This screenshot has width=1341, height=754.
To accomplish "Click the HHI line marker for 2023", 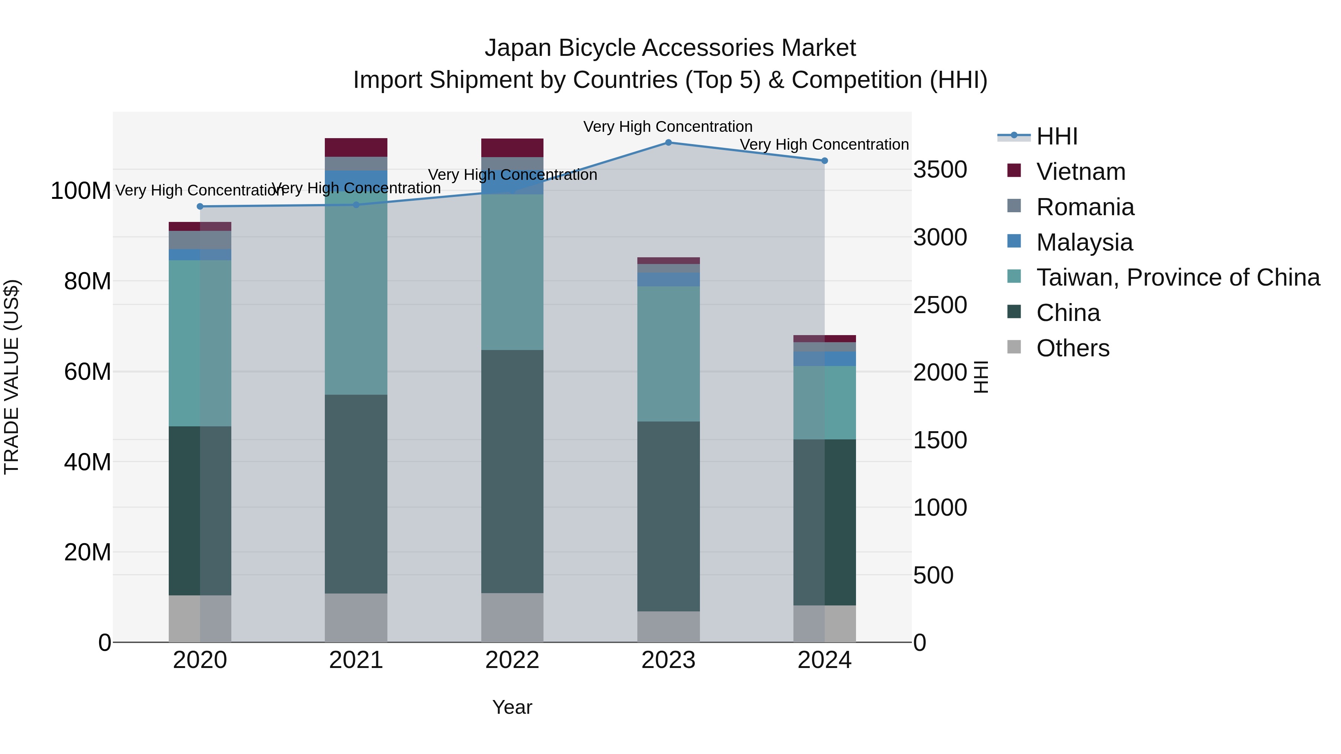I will pos(668,142).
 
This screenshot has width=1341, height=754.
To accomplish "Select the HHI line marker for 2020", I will pos(200,207).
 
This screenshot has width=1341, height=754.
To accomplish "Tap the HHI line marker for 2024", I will pos(825,161).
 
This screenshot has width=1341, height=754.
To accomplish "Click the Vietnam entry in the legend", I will pos(1080,172).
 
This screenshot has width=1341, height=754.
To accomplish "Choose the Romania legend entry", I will pos(1085,207).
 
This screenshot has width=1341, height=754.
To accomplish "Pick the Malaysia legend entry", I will pos(1084,242).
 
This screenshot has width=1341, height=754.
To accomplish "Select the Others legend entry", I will pos(1072,348).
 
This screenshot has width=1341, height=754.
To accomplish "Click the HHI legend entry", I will pos(1056,136).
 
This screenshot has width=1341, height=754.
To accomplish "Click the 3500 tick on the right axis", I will pos(940,170).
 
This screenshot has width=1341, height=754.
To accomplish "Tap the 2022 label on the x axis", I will pos(512,660).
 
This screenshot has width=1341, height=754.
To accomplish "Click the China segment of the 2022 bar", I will pos(512,471).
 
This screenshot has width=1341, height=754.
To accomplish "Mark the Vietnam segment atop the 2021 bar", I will pos(356,147).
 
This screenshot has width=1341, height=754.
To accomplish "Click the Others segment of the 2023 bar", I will pos(668,627).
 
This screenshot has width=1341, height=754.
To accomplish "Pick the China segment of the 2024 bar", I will pos(825,522).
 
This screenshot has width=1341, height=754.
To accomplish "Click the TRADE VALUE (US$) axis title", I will pos(12,377).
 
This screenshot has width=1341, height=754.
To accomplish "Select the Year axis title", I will pos(512,707).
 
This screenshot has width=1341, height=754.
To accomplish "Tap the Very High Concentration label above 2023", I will pos(668,127).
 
